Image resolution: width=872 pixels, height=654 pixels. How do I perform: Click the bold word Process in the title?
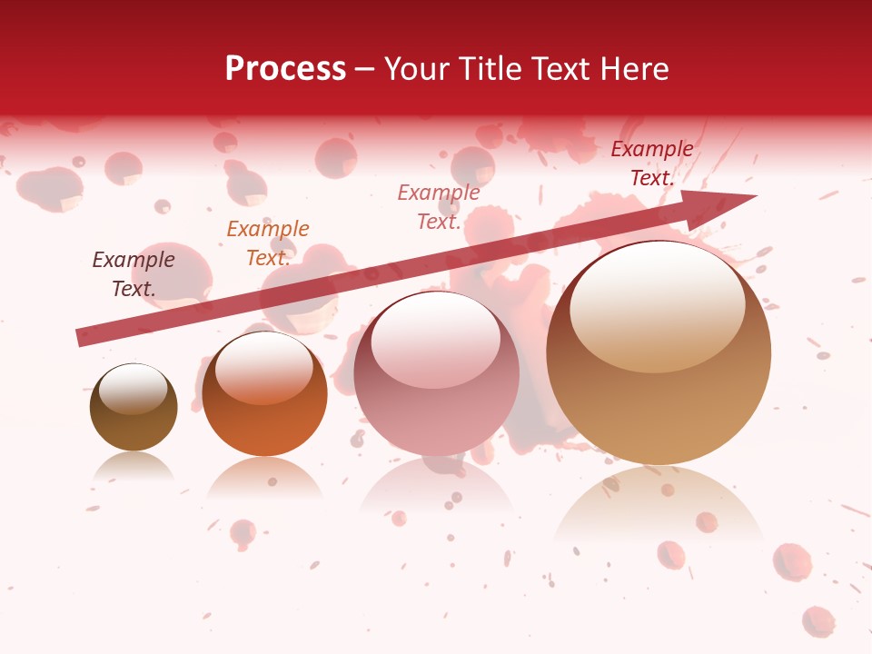click(285, 69)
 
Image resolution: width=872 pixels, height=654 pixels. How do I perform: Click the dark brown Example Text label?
click(134, 274)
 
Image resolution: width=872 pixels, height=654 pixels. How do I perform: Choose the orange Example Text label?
click(268, 243)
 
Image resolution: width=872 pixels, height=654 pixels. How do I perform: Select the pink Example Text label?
click(439, 206)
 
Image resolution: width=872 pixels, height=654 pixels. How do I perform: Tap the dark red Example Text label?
click(651, 163)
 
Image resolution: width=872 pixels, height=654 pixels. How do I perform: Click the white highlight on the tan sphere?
click(657, 304)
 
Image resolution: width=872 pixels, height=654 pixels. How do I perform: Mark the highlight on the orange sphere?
click(263, 368)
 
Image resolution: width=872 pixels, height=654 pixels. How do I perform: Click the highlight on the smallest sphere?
click(134, 391)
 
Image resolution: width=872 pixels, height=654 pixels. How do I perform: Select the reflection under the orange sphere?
click(264, 477)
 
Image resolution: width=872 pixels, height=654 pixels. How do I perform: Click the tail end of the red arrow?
click(82, 337)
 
